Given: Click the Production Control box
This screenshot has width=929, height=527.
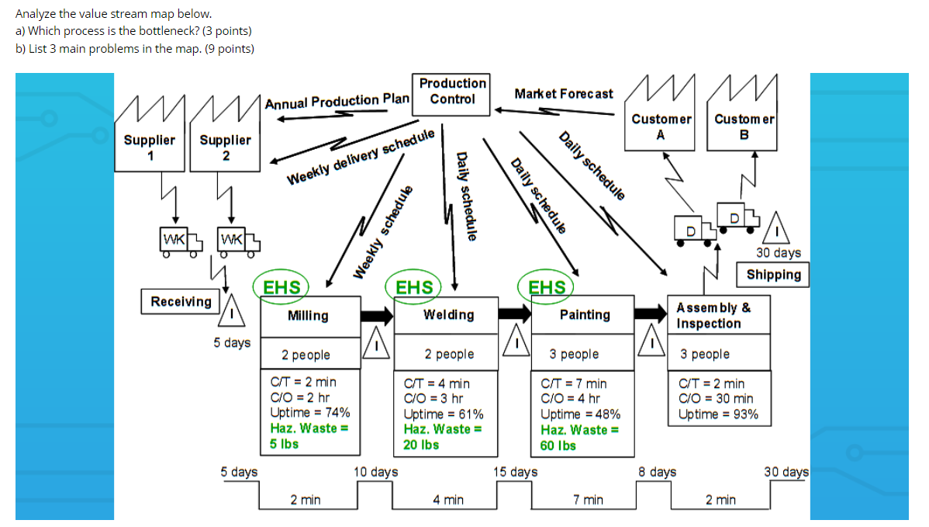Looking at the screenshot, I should click(452, 91).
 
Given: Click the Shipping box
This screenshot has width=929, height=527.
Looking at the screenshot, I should click(773, 275).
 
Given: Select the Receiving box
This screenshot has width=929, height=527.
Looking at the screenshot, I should click(181, 301).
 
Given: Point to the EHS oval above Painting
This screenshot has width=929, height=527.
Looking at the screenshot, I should click(547, 287).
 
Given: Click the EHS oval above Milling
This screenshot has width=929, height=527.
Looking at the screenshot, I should click(282, 287).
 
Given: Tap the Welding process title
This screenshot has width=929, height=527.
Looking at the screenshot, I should click(449, 314).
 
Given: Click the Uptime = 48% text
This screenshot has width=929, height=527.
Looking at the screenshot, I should click(580, 414).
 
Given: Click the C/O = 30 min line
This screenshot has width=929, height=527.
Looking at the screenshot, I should click(716, 399).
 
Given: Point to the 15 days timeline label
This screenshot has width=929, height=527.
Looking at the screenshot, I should click(515, 472).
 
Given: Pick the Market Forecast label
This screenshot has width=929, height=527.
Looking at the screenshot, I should click(563, 94).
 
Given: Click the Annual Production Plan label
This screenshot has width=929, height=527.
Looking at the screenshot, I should click(337, 101).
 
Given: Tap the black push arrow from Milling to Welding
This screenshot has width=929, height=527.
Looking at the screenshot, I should click(378, 315).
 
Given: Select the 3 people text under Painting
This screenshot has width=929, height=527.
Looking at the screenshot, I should click(575, 354).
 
